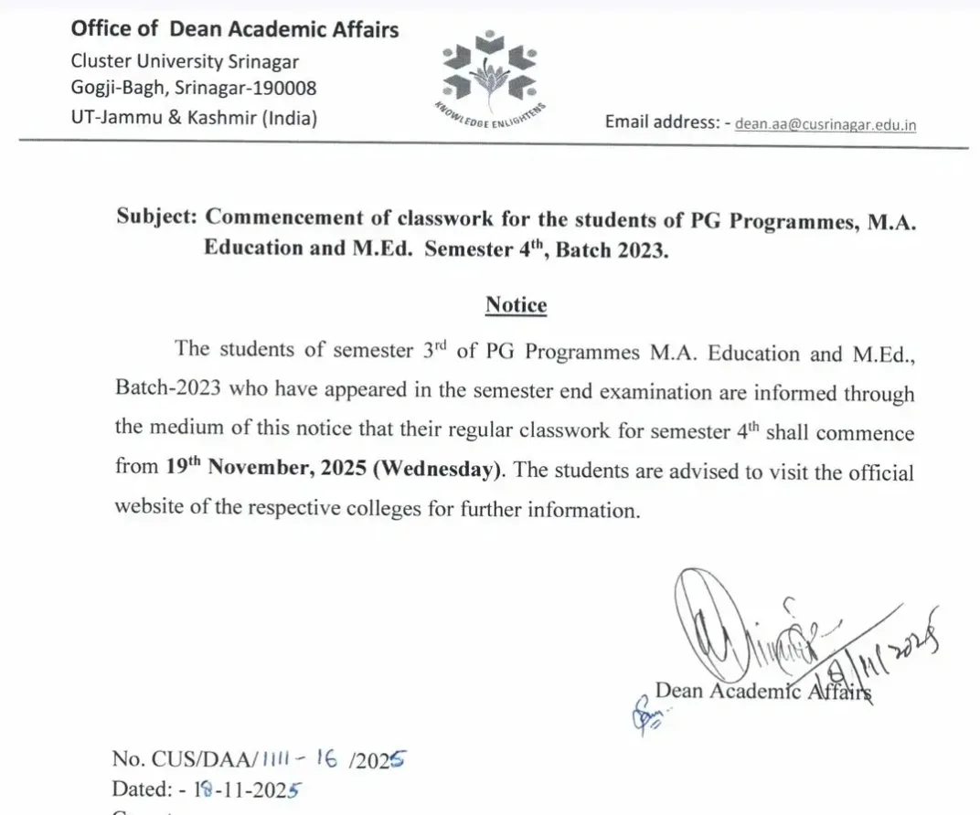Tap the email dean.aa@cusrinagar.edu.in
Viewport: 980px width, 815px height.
click(x=826, y=124)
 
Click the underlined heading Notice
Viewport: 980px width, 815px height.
click(x=516, y=304)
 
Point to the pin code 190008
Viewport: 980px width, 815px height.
click(x=286, y=89)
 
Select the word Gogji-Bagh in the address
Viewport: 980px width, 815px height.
click(x=114, y=89)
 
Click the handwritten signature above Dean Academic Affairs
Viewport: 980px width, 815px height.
click(x=731, y=621)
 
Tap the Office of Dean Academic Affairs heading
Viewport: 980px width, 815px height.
click(x=235, y=29)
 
